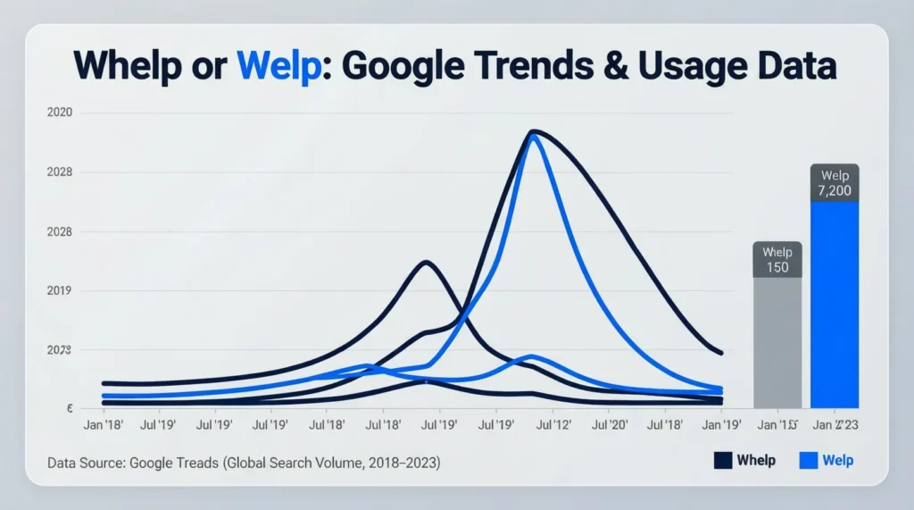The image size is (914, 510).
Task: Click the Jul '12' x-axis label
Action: (553, 425)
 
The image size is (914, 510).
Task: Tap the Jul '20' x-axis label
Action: (612, 425)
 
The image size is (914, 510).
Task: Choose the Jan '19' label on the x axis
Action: (721, 425)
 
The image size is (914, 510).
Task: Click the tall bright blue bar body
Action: (835, 304)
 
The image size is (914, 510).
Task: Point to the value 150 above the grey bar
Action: (777, 267)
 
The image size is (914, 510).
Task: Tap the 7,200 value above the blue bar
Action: (835, 191)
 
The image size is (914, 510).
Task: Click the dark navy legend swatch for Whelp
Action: (723, 461)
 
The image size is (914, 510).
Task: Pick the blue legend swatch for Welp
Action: (809, 461)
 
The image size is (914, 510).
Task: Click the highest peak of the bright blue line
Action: (534, 138)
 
